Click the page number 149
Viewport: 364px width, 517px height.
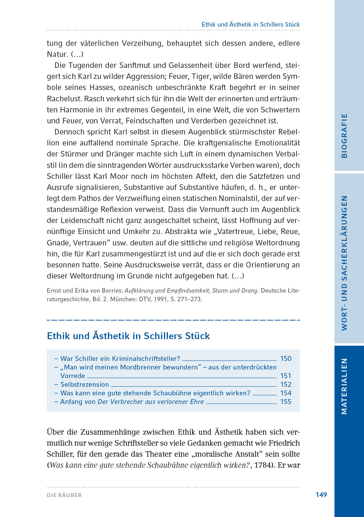tap(321, 495)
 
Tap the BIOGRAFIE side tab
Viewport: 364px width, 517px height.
tap(344, 135)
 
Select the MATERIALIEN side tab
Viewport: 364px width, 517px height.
tap(344, 386)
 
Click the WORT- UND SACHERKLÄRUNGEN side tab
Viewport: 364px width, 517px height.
tap(344, 263)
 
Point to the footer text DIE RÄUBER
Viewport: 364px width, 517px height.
tap(64, 495)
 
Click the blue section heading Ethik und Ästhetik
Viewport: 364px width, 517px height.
tap(128, 336)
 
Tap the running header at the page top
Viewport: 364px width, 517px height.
tap(250, 24)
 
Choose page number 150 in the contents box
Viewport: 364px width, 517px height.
tap(286, 358)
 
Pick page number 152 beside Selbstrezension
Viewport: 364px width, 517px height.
tap(286, 384)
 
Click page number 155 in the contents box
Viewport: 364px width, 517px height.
tap(286, 402)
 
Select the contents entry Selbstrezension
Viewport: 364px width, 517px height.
tap(84, 384)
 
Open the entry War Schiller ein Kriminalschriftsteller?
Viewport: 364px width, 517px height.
tap(120, 358)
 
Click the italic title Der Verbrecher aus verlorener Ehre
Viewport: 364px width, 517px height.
tap(151, 402)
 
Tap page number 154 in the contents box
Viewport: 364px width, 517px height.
tap(286, 393)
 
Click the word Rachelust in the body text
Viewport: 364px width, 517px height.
tap(64, 99)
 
